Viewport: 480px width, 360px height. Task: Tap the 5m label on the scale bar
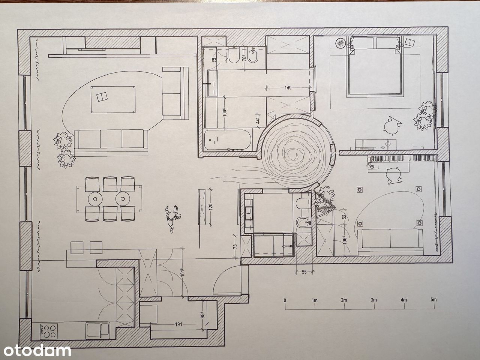pyautogui.click(x=433, y=300)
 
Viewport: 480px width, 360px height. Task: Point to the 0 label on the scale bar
pyautogui.click(x=285, y=300)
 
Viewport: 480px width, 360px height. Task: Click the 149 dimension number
pyautogui.click(x=288, y=88)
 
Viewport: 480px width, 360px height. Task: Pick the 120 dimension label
pyautogui.click(x=211, y=206)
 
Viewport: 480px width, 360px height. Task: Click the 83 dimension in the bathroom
pyautogui.click(x=214, y=60)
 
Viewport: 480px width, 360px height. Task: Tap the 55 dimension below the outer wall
pyautogui.click(x=304, y=272)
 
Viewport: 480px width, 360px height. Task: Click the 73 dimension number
pyautogui.click(x=235, y=246)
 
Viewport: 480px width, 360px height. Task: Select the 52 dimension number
pyautogui.click(x=345, y=217)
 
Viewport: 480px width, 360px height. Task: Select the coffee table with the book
pyautogui.click(x=113, y=99)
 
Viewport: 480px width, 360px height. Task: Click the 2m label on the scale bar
pyautogui.click(x=344, y=300)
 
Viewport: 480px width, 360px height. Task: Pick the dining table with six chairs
pyautogui.click(x=109, y=199)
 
